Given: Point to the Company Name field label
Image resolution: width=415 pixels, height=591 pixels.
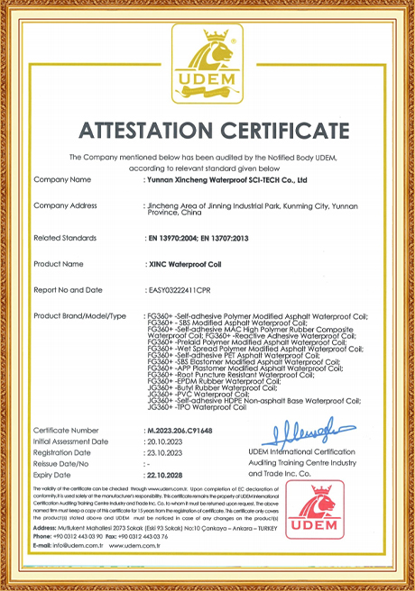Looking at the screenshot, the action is coord(62,180).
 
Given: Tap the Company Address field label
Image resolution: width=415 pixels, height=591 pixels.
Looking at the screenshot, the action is coord(65,206).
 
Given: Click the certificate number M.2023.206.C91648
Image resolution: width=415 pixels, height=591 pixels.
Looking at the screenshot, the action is coord(190,432).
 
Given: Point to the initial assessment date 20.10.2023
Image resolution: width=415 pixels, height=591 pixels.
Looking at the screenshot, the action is coord(164,443).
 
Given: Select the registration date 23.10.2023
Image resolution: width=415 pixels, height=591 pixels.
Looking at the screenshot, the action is coord(164,454).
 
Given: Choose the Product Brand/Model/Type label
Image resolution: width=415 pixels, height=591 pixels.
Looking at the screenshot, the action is coord(79,316).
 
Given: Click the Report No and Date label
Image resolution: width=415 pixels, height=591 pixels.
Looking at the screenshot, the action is coord(68,290).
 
